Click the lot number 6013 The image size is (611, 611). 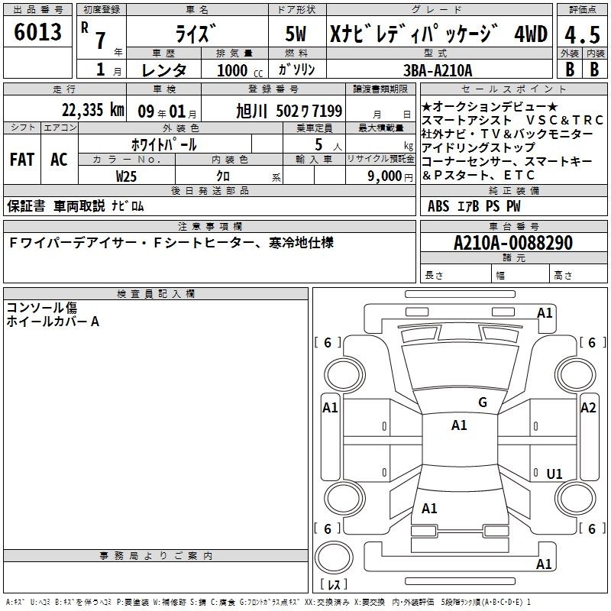tap(37, 31)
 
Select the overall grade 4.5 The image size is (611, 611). tap(582, 34)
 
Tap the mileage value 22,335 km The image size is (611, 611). tap(92, 110)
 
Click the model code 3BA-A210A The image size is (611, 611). tap(438, 70)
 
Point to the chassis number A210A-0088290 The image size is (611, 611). tap(513, 243)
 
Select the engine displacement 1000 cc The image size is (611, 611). tap(240, 70)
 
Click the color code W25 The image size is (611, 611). tap(126, 176)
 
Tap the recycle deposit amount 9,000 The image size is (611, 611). tap(385, 176)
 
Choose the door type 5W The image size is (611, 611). tap(296, 34)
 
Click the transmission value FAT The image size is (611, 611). tap(22, 160)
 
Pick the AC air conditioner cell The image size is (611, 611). tap(60, 160)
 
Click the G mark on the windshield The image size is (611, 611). tap(483, 402)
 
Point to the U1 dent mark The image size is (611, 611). tap(554, 474)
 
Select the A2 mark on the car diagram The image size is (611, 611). tap(588, 408)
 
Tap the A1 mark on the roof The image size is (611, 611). tap(459, 425)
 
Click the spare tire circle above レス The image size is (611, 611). tap(334, 558)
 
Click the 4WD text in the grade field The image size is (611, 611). tap(531, 34)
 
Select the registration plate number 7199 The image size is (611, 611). tap(328, 111)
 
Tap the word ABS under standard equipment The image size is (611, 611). tap(438, 206)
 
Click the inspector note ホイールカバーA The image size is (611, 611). tap(53, 322)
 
